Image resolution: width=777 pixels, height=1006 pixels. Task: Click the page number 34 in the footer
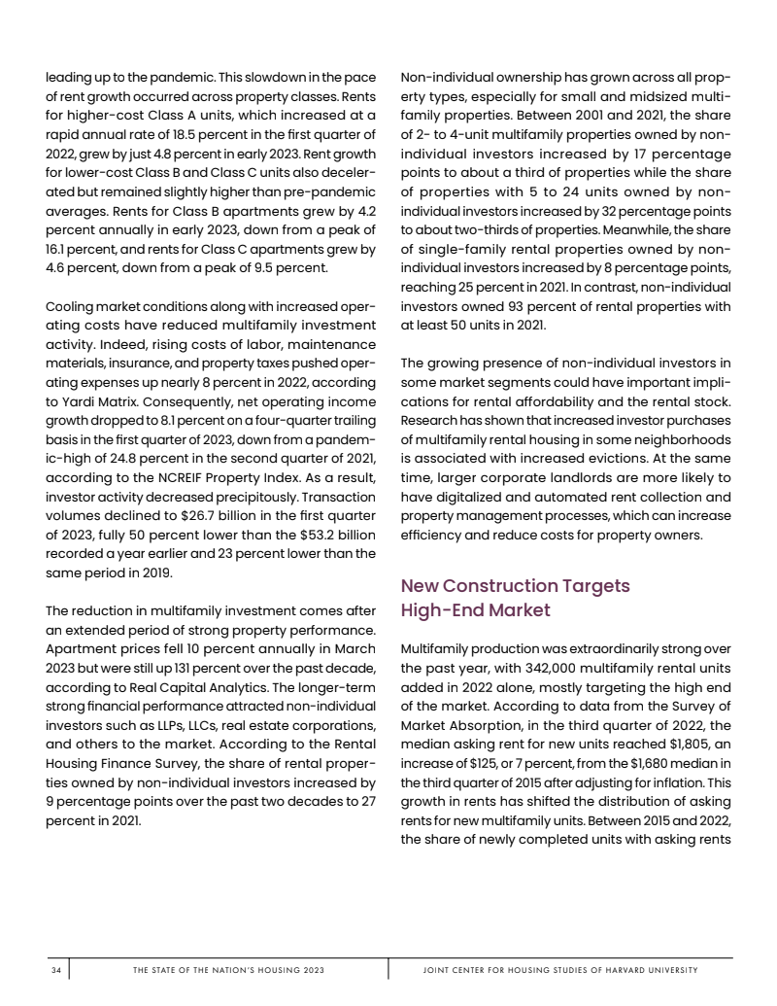(x=56, y=970)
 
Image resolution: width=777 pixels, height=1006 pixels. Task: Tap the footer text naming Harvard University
(x=560, y=970)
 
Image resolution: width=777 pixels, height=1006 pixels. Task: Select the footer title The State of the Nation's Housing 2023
(x=228, y=970)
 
